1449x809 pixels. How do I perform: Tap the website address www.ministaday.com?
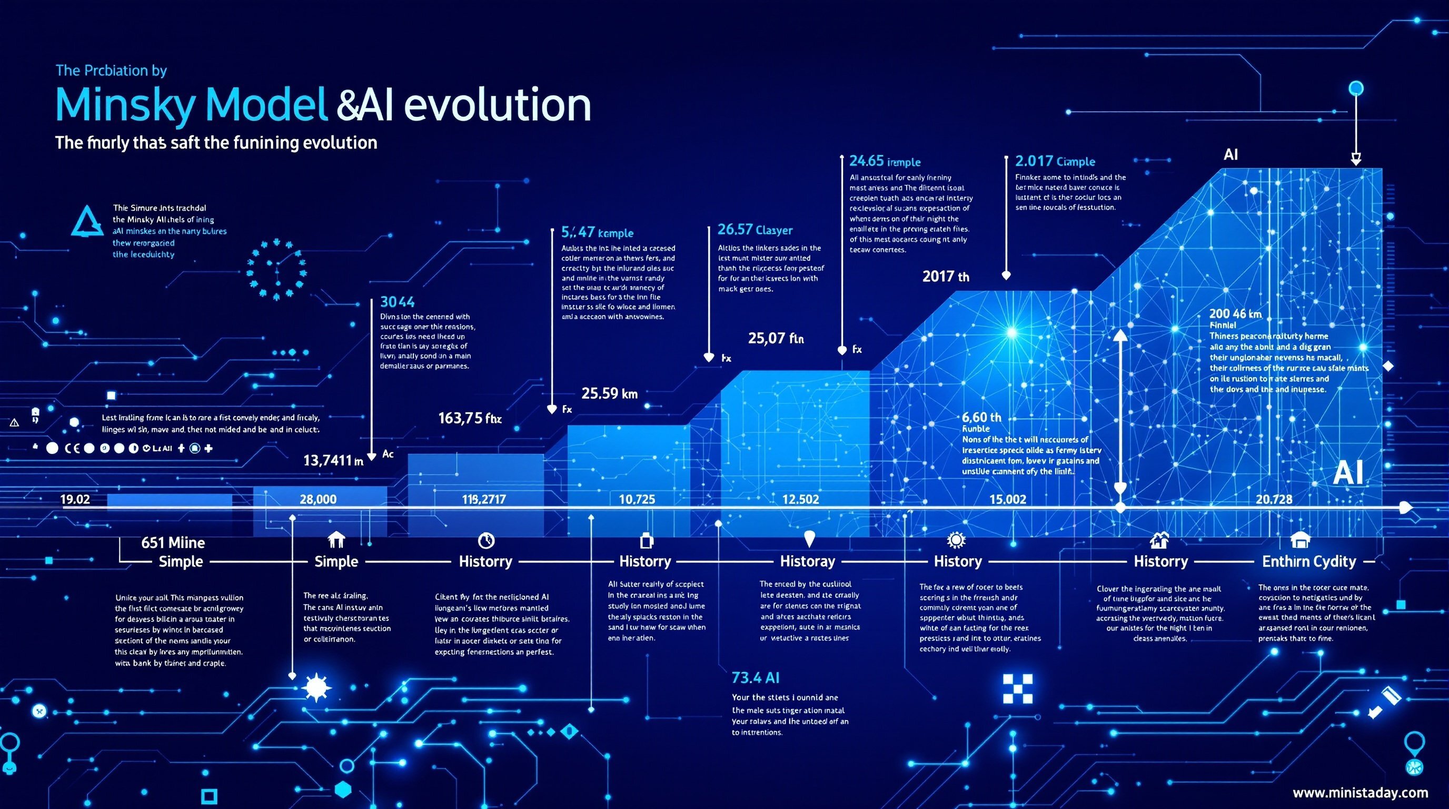1360,792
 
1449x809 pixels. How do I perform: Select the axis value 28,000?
318,499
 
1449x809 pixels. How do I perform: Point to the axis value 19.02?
75,499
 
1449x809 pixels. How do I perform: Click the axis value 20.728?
1274,499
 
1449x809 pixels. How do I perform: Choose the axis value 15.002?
1007,499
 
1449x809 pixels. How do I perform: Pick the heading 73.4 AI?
755,677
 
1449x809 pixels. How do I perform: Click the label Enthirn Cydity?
1309,561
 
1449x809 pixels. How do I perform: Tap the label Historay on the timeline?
807,561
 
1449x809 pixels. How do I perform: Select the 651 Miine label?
173,542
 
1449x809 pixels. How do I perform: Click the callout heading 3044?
397,302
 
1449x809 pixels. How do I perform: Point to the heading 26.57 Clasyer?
755,230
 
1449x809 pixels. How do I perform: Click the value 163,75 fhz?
470,418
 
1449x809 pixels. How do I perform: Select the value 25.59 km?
609,393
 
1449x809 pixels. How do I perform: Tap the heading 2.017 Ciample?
1055,162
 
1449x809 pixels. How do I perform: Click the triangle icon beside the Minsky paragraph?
87,222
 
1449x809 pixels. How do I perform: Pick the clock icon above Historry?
485,540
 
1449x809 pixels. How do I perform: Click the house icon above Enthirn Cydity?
1300,540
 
